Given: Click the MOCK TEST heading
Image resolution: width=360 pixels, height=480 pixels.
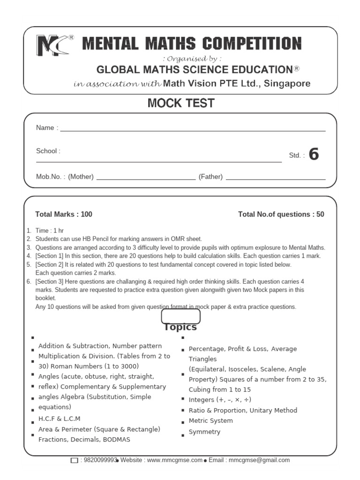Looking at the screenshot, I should point(181,103).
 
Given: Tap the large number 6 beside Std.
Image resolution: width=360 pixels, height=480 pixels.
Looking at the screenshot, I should point(314,154).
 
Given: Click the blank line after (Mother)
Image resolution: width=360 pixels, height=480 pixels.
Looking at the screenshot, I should point(145,179).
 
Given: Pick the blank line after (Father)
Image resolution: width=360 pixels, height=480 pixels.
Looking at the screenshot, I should point(276,179).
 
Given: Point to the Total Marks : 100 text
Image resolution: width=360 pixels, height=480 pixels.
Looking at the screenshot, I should point(64,214).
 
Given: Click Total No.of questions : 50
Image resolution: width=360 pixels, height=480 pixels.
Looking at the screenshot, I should point(281,214).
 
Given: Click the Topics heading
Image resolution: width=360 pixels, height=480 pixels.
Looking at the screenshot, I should point(180,327).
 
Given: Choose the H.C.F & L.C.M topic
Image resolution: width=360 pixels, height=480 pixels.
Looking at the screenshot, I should point(60,419).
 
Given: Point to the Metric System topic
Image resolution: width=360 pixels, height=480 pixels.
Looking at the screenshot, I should point(210,420).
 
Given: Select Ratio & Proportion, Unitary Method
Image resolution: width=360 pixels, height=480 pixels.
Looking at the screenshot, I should point(243,410).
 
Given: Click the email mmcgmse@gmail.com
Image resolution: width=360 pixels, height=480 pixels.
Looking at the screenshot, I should point(259,460).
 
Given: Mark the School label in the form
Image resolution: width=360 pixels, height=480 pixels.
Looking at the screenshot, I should point(48,151).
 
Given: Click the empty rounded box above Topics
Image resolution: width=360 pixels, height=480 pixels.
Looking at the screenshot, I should point(180,316).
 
